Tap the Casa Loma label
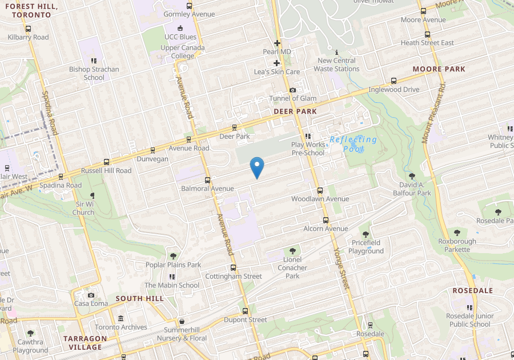coord(91,303)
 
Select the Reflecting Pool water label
coord(354,144)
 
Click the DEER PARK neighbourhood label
coord(295,111)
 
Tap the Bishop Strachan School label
coord(94,73)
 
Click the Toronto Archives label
coord(121,327)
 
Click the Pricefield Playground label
coord(366,247)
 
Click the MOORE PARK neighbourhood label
coord(439,69)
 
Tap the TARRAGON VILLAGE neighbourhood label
coord(85,342)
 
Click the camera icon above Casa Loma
coord(91,295)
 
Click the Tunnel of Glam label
coord(292,98)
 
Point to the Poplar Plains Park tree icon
coord(174,255)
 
